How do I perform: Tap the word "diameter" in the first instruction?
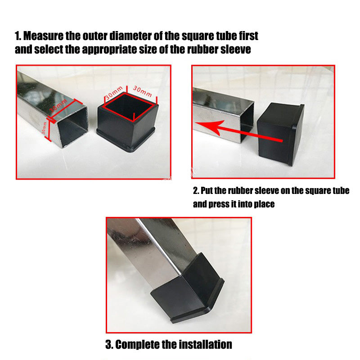pyautogui.click(x=121, y=36)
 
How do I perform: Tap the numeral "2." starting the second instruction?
pyautogui.click(x=196, y=190)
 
